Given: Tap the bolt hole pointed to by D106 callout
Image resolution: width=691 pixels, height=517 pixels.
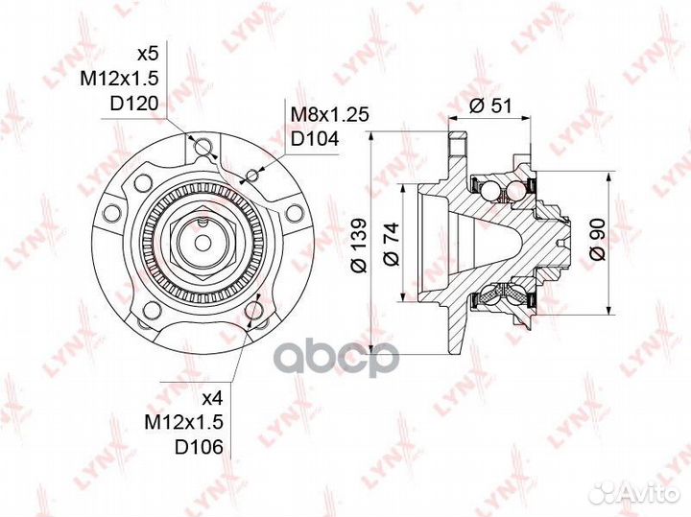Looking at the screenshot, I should point(253,313).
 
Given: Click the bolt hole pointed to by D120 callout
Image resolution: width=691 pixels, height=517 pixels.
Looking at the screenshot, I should point(201,145).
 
